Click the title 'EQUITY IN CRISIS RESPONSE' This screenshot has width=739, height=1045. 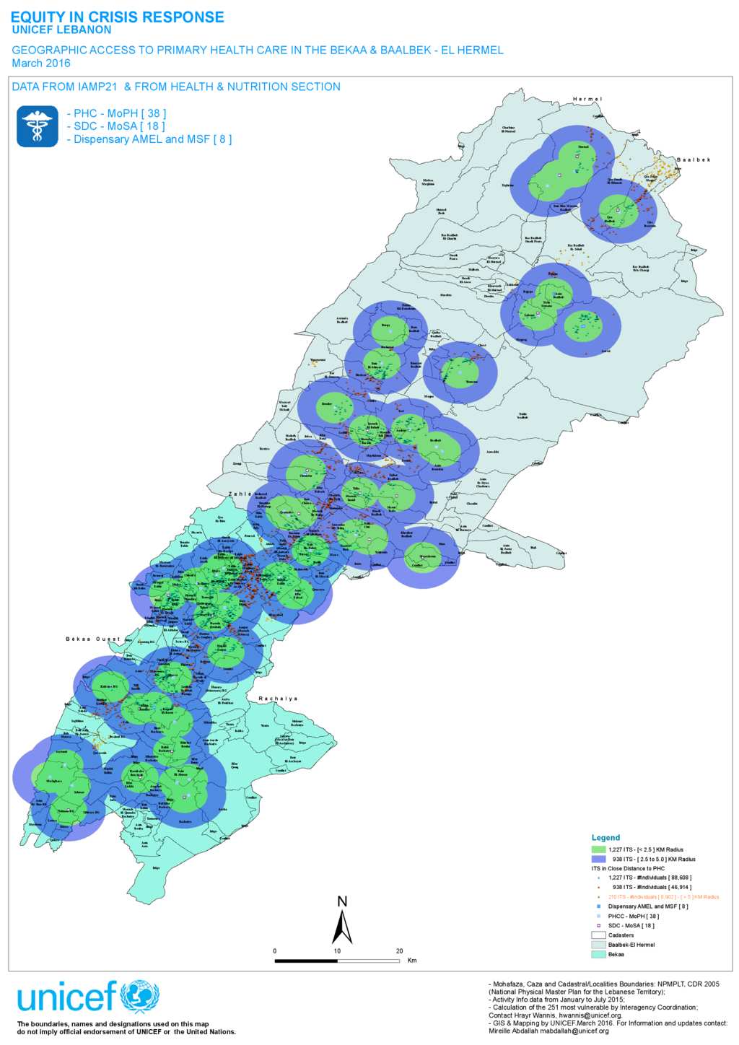(117, 17)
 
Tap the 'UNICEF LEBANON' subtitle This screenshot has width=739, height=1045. (61, 30)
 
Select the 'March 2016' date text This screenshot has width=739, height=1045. (41, 64)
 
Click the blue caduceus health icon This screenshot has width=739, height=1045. (38, 126)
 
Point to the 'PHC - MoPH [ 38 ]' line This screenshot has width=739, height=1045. (116, 113)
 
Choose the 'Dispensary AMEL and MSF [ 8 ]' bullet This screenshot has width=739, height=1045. (149, 139)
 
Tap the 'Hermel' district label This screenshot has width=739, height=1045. (587, 99)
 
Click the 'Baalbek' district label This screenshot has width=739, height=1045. (693, 159)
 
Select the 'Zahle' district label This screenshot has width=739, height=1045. (240, 494)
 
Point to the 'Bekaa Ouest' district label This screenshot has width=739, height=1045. (93, 639)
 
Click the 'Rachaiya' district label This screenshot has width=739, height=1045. (278, 699)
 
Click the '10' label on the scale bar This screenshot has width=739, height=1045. (337, 951)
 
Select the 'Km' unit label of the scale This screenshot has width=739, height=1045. (412, 961)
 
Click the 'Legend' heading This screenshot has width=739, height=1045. (605, 838)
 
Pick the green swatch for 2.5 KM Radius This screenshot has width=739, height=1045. (598, 849)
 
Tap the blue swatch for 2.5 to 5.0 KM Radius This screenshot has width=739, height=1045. (598, 859)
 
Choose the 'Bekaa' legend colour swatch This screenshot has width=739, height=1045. (598, 954)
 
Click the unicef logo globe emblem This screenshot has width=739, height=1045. (139, 998)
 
